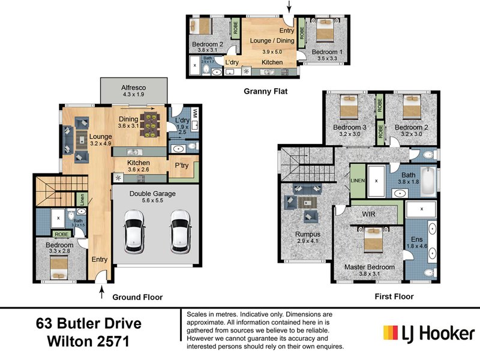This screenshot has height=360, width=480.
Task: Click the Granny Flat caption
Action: click(265, 92)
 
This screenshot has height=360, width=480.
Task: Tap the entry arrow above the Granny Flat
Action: click(290, 7)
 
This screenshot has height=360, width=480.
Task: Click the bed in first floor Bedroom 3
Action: click(349, 110)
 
